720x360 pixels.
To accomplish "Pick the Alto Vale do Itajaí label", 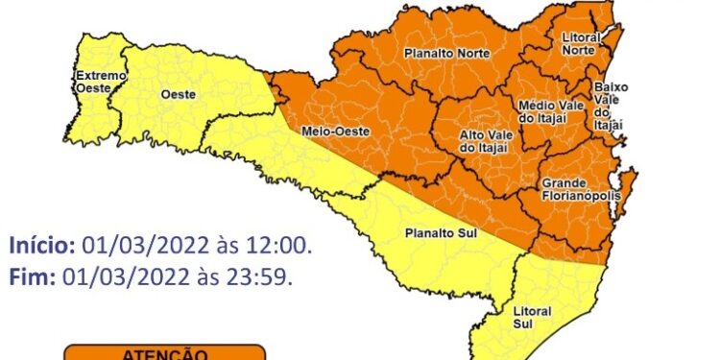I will [x=483, y=141].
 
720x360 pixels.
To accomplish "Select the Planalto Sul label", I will [x=429, y=232].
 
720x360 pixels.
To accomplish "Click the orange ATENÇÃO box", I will [x=164, y=352].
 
